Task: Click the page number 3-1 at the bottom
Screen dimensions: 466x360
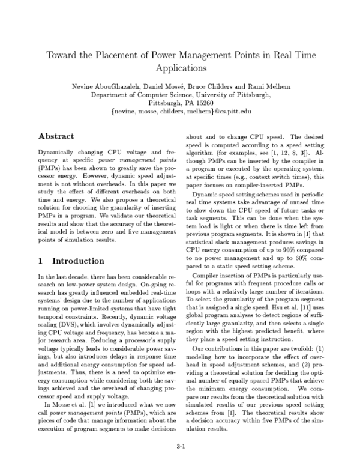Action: coord(181,446)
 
